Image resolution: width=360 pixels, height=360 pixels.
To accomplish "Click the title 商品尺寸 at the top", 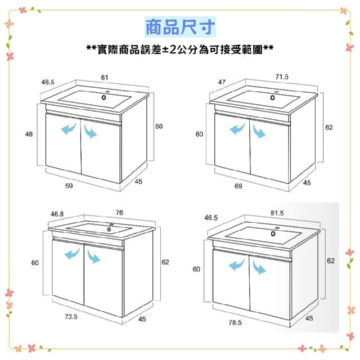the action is click(180, 27).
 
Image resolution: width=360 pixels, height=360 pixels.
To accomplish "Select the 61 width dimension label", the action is click(105, 78).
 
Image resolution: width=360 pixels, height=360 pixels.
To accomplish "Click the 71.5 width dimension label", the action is click(282, 76).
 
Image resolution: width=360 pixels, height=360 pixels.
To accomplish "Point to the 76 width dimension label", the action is click(119, 213).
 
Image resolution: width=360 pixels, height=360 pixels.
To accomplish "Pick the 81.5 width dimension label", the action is click(277, 213).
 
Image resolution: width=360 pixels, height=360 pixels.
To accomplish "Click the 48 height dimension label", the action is click(29, 134).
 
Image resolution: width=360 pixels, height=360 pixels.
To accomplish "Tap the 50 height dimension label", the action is click(159, 126).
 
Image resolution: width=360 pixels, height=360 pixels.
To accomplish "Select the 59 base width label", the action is click(69, 186).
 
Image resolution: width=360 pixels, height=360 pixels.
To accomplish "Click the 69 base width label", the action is click(238, 186).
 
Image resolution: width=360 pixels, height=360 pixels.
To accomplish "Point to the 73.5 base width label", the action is click(71, 317).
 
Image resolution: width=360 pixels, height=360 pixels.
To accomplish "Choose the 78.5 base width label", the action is click(235, 322).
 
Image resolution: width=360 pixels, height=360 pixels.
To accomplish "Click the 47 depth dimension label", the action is click(222, 82).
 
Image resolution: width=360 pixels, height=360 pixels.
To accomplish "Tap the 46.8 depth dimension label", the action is click(57, 214).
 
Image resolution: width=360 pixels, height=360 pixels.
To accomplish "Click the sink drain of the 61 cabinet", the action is click(103, 97).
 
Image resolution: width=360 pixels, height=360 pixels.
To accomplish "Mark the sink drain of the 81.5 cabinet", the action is click(273, 234).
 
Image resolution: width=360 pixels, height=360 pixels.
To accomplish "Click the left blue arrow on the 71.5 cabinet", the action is click(237, 129).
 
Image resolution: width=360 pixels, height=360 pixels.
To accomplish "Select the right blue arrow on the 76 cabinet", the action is click(93, 255).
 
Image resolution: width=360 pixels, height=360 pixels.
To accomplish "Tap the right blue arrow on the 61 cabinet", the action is click(90, 131).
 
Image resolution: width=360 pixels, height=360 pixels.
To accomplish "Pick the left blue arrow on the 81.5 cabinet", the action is click(236, 264).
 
